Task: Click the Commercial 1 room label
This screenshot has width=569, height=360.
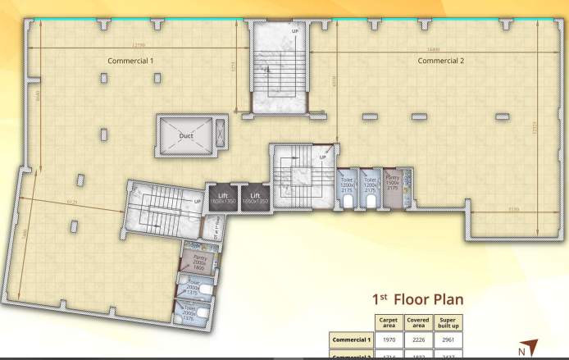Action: click(x=130, y=61)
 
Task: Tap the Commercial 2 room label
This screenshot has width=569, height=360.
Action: click(x=441, y=61)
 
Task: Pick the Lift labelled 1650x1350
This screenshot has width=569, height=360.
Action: click(x=254, y=198)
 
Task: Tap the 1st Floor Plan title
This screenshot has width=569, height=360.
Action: click(x=417, y=299)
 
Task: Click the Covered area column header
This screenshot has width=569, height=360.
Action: click(x=417, y=322)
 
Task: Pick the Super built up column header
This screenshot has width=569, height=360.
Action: click(x=448, y=322)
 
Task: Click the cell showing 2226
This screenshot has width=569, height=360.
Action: click(x=417, y=339)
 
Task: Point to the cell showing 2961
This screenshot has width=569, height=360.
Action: click(x=448, y=339)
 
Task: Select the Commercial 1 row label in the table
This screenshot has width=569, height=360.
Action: click(x=352, y=339)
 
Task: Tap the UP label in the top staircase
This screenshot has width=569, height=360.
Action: click(x=295, y=31)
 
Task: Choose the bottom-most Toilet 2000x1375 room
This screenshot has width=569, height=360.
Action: click(x=191, y=314)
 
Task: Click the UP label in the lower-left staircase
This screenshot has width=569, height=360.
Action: click(x=198, y=200)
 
